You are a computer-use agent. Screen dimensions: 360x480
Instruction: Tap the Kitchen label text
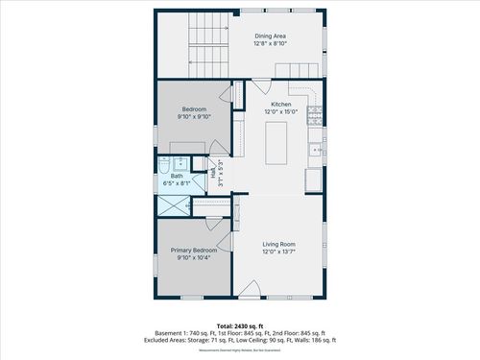point(280,104)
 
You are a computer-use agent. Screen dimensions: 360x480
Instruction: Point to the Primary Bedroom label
point(193,250)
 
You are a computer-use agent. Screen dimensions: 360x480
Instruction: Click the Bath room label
point(177,176)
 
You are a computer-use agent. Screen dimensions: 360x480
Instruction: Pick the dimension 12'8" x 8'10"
point(271,44)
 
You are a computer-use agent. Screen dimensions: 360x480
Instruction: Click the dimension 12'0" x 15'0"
point(280,111)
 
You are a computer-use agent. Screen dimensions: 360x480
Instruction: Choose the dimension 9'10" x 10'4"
point(193,257)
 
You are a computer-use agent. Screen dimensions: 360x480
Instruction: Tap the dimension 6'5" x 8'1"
point(177,183)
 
